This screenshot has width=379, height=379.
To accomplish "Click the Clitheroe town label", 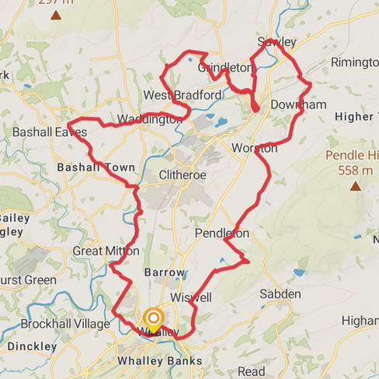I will pyautogui.click(x=183, y=175).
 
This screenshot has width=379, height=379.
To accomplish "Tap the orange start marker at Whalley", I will pyautogui.click(x=153, y=318).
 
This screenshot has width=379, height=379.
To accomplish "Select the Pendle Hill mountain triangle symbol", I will pyautogui.click(x=355, y=186).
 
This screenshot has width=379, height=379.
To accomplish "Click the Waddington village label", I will pyautogui.click(x=149, y=120).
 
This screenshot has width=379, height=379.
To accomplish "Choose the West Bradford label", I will pyautogui.click(x=172, y=96).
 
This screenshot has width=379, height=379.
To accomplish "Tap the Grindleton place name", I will pyautogui.click(x=225, y=68).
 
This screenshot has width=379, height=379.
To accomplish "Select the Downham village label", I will pyautogui.click(x=298, y=104).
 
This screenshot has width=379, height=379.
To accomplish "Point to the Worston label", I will pyautogui.click(x=254, y=148).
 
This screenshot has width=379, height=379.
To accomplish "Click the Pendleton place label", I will pyautogui.click(x=222, y=233).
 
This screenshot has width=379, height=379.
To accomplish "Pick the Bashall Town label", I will pyautogui.click(x=96, y=167).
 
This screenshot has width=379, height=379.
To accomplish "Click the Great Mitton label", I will pyautogui.click(x=106, y=251).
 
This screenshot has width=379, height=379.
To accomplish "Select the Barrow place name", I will pyautogui.click(x=165, y=272).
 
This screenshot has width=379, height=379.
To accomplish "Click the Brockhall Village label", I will pyautogui.click(x=57, y=323).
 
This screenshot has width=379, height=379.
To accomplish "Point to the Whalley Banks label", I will pyautogui.click(x=158, y=361).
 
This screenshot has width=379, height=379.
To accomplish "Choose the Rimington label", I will pyautogui.click(x=354, y=62).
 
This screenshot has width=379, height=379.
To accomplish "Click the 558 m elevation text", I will pyautogui.click(x=356, y=170).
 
